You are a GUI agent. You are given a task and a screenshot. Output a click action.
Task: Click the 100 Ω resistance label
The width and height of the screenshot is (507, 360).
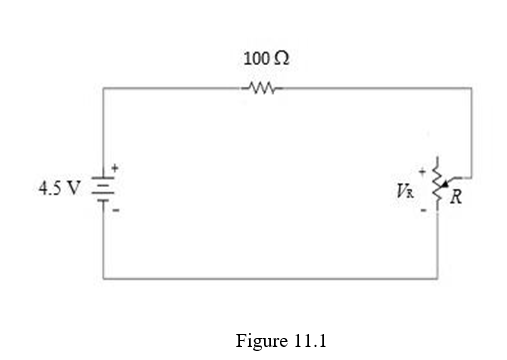point(267,59)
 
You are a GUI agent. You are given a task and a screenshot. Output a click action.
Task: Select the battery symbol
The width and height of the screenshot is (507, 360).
point(104,189)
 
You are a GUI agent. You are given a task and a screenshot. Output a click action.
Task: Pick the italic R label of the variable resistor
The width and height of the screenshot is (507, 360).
point(456,195)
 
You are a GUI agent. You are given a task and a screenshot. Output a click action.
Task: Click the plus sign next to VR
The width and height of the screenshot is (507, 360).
point(422,168)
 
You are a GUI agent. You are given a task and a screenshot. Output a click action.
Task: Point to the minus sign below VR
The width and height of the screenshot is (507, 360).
point(422,210)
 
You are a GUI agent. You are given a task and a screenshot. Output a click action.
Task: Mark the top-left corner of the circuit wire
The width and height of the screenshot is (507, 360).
point(104,88)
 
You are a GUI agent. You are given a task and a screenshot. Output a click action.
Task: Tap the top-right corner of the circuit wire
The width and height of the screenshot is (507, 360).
point(471,88)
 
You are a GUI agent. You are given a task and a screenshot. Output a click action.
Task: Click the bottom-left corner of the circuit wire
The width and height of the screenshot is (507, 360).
point(104,279)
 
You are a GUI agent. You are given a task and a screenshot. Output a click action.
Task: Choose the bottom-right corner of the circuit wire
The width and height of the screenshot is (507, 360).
point(437,279)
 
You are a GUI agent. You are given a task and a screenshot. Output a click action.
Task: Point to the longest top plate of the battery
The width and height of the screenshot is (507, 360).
point(104,179)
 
